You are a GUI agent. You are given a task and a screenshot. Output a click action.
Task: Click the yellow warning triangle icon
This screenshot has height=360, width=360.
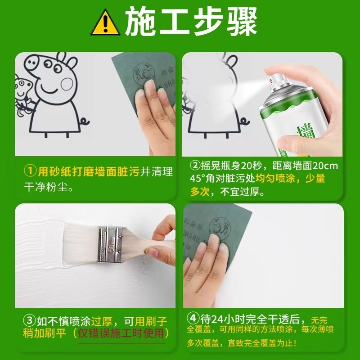click(x=106, y=23)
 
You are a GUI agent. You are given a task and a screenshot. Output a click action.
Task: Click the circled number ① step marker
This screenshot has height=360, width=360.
click(x=29, y=171)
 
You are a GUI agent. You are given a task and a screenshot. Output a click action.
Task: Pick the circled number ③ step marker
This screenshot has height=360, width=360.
click(x=29, y=321)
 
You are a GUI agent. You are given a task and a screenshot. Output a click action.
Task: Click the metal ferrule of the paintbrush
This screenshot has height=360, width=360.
click(x=111, y=243)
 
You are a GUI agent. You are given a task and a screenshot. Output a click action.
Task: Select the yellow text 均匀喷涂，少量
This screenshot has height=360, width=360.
click(x=290, y=179)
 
